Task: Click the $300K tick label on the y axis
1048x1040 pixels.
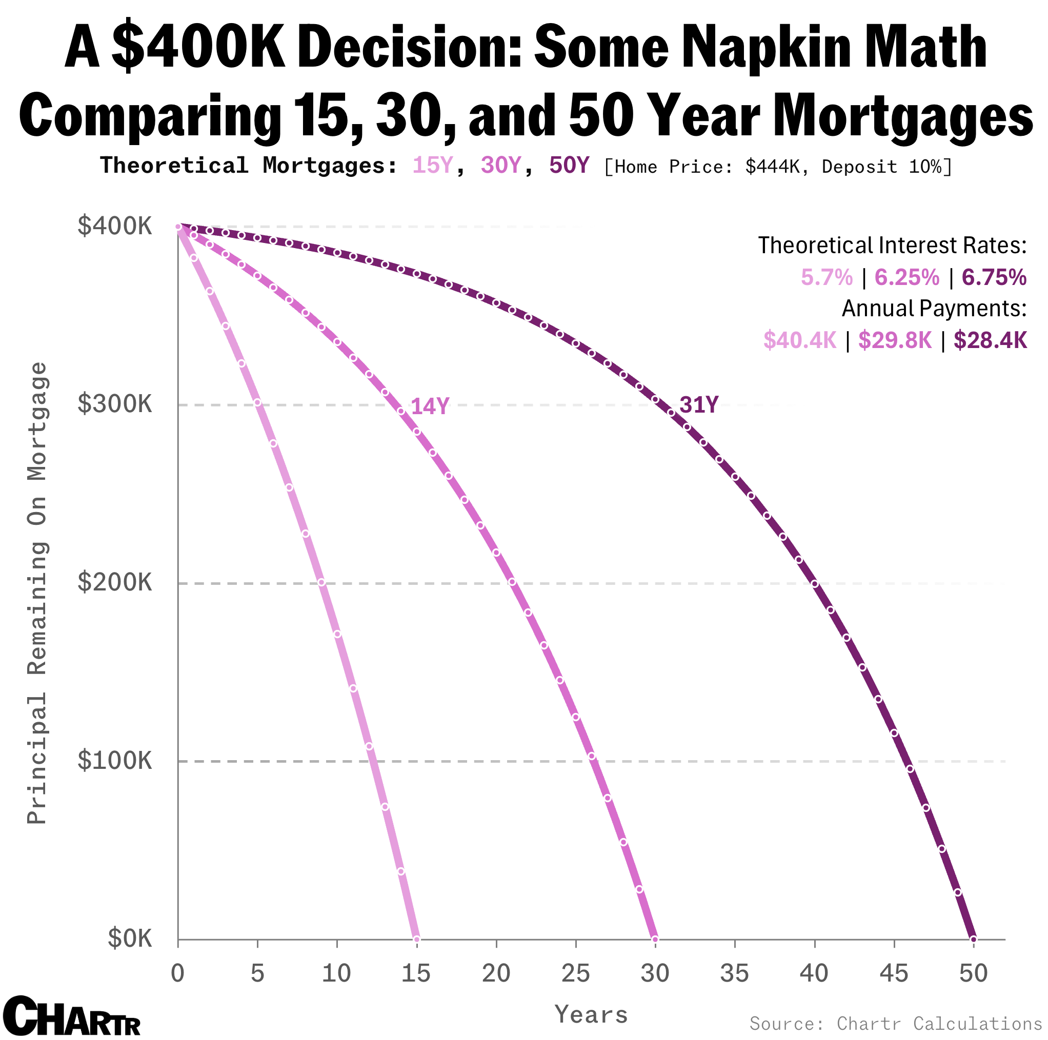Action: point(114,404)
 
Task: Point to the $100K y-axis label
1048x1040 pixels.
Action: point(114,761)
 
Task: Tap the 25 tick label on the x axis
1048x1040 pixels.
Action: point(576,974)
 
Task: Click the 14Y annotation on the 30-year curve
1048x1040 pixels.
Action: point(430,406)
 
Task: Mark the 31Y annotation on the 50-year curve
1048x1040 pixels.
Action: point(699,405)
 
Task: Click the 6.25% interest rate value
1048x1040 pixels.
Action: point(907,278)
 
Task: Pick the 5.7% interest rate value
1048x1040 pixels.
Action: point(827,278)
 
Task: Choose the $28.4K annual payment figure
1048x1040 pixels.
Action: point(991,340)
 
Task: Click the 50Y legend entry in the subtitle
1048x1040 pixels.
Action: point(569,166)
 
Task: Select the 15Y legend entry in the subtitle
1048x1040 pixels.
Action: point(432,166)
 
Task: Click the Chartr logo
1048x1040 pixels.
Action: point(71,1015)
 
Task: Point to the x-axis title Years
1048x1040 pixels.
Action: point(591,1014)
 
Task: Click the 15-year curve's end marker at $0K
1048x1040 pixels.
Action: point(417,939)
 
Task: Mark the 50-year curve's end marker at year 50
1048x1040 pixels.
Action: point(974,939)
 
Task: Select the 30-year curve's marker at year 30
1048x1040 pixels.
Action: point(655,939)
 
